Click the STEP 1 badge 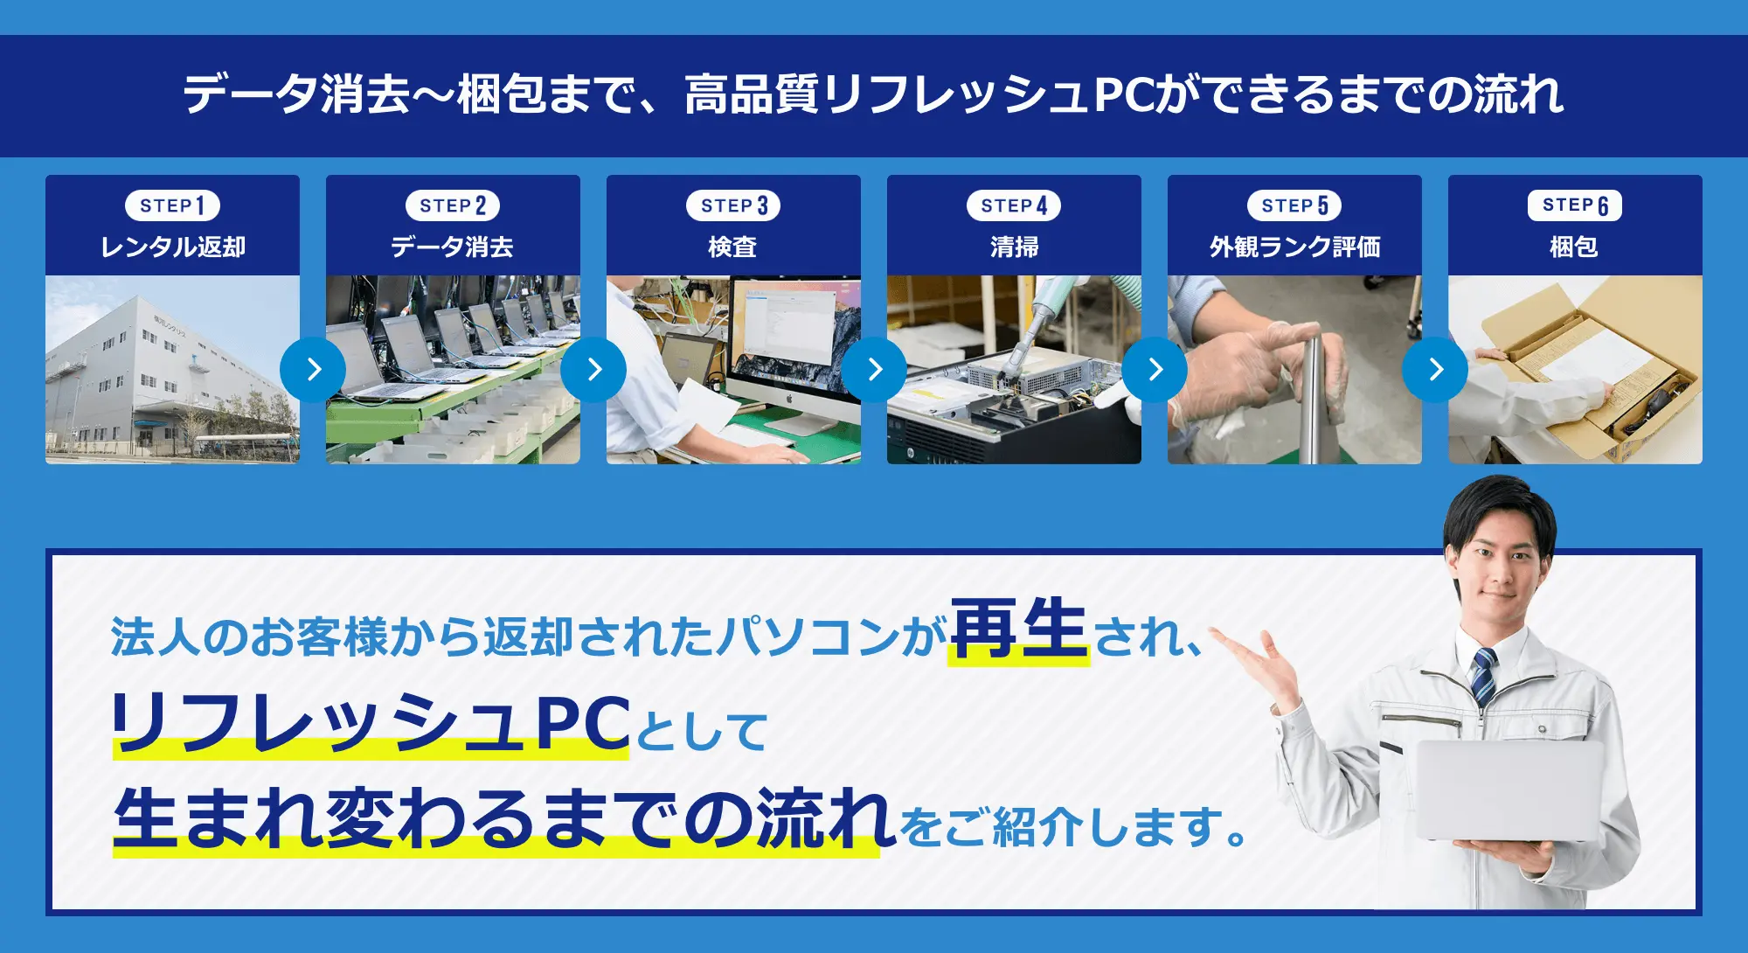point(173,205)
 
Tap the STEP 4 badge point(1014,205)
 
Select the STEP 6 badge point(1575,205)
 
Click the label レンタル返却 point(173,247)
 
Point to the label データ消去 point(453,247)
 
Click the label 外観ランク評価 point(1294,247)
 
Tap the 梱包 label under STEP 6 point(1574,247)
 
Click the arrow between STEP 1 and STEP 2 point(313,370)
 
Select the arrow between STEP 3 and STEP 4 point(874,370)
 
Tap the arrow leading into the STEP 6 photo point(1435,370)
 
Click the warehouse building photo point(172,370)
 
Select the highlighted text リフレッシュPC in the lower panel point(371,723)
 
